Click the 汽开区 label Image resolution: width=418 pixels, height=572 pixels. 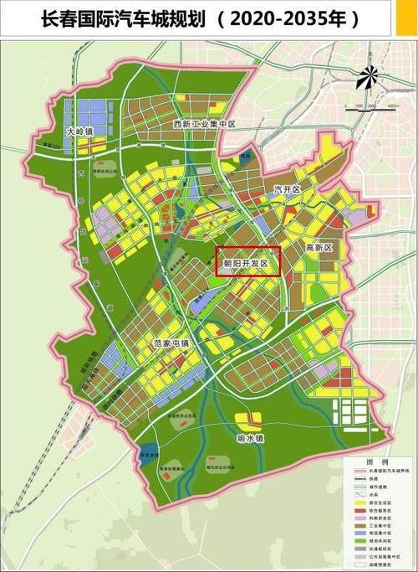click(x=287, y=190)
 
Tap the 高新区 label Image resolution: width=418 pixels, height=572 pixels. click(x=319, y=248)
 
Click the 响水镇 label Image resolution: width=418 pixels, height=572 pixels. click(x=249, y=437)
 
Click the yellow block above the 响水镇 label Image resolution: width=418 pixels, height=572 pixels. click(x=248, y=419)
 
